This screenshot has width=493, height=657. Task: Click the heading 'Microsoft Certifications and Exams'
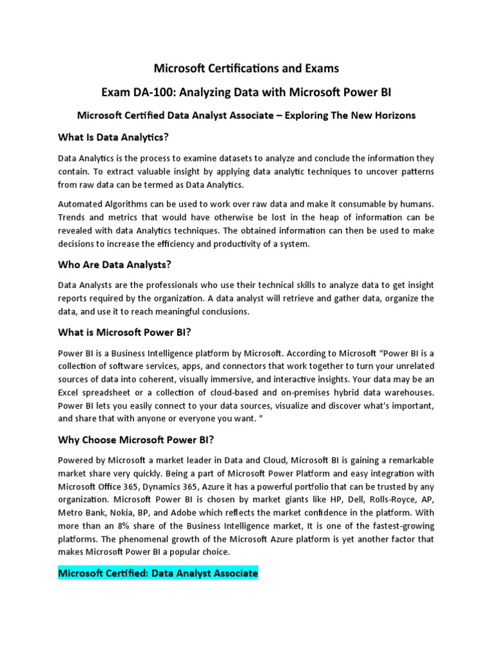[246, 68]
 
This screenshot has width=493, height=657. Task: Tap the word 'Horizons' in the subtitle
[391, 115]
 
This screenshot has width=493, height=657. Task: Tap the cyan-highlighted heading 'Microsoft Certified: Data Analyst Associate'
[158, 572]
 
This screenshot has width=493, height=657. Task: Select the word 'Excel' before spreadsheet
[71, 391]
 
